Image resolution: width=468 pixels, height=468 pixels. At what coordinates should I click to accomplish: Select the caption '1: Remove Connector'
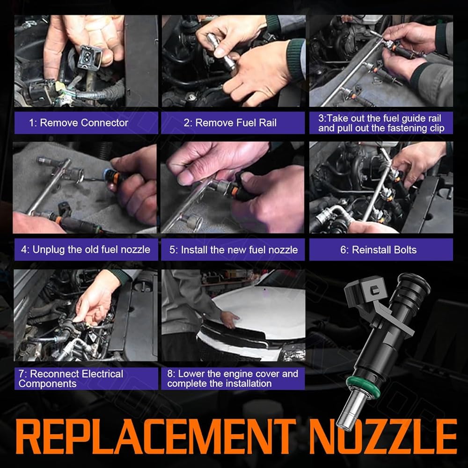(x=79, y=123)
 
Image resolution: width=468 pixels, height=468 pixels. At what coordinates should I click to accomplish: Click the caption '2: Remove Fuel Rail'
(x=230, y=123)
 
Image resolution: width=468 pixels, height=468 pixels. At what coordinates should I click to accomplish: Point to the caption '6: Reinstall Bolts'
(x=379, y=249)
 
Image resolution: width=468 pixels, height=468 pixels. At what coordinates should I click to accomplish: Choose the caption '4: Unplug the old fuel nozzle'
(x=86, y=249)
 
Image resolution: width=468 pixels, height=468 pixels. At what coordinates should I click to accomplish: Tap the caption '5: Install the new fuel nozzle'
(x=234, y=249)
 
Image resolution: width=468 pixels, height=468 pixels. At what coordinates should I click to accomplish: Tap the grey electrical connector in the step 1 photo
(x=89, y=58)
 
